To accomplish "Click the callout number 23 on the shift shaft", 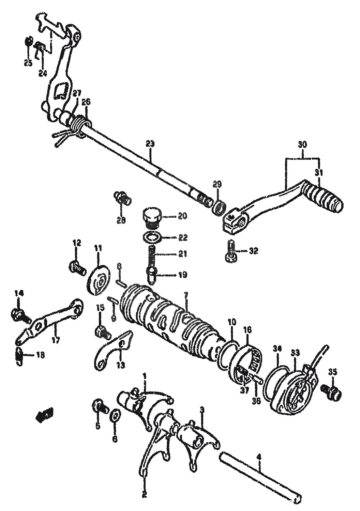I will [x=150, y=144].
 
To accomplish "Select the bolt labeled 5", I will [x=99, y=407].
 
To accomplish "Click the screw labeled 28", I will [x=122, y=198].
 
